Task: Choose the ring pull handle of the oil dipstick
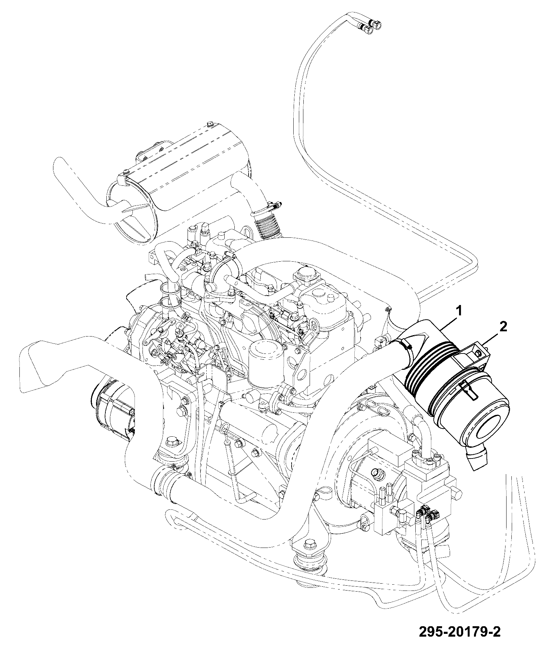(x=225, y=430)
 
